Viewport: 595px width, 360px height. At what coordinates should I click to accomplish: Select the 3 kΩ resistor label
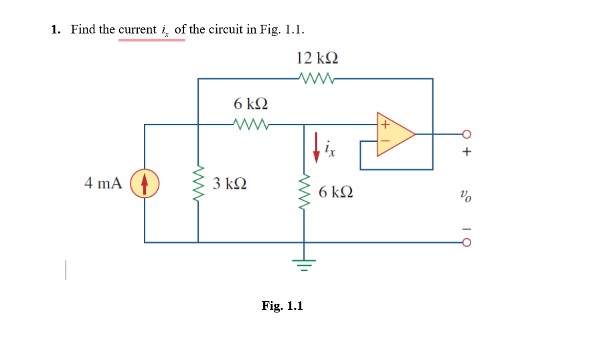point(230,184)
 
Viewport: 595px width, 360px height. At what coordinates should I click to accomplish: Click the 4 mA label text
point(103,183)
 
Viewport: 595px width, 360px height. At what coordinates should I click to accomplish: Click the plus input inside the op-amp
point(385,124)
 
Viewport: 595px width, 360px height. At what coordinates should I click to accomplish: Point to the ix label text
point(329,147)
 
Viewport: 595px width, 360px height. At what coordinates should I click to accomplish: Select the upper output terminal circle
point(466,133)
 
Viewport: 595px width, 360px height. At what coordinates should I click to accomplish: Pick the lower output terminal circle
point(466,242)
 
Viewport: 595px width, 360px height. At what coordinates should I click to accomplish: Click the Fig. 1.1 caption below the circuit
point(282,306)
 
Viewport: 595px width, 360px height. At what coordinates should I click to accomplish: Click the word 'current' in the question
point(137,29)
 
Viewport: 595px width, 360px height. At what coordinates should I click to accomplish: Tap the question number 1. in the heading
point(56,29)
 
